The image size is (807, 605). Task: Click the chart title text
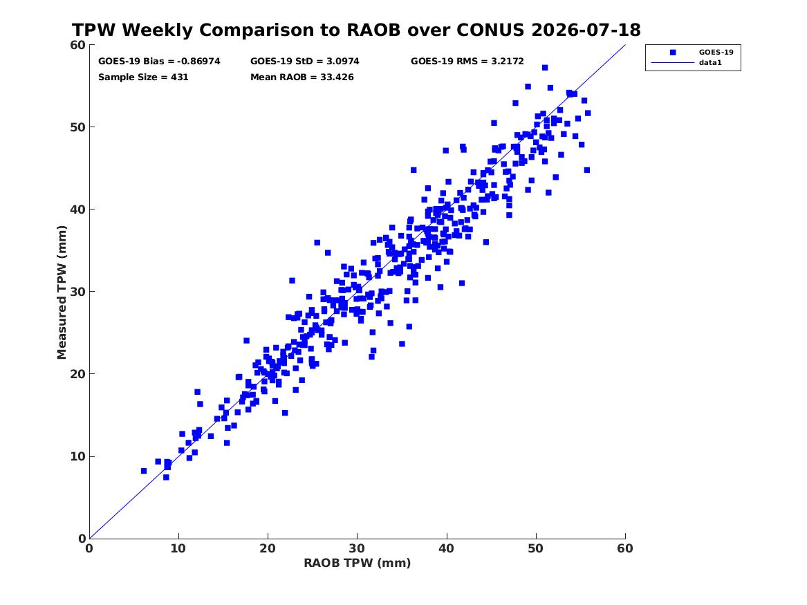pos(356,30)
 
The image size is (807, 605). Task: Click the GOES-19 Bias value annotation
pos(159,62)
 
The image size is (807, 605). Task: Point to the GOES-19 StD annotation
pos(305,62)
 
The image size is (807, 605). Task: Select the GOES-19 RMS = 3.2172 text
pos(467,62)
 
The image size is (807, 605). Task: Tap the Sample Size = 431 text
pos(143,77)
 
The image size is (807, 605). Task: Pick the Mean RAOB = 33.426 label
pos(302,77)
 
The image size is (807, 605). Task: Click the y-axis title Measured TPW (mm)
pos(62,292)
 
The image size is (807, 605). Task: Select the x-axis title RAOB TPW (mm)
pos(358,563)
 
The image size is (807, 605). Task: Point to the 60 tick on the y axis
pos(77,45)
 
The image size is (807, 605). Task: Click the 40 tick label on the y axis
pos(77,210)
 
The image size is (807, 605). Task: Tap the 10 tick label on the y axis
pos(77,456)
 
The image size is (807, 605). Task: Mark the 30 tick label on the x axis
pos(357,548)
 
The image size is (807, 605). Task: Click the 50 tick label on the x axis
pos(535,548)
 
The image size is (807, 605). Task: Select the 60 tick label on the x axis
pos(625,548)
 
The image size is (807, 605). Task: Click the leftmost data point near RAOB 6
pos(144,472)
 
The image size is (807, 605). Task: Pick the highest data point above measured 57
pos(544,68)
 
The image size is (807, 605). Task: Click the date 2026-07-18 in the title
pos(586,30)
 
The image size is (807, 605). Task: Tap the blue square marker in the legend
pos(672,53)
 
